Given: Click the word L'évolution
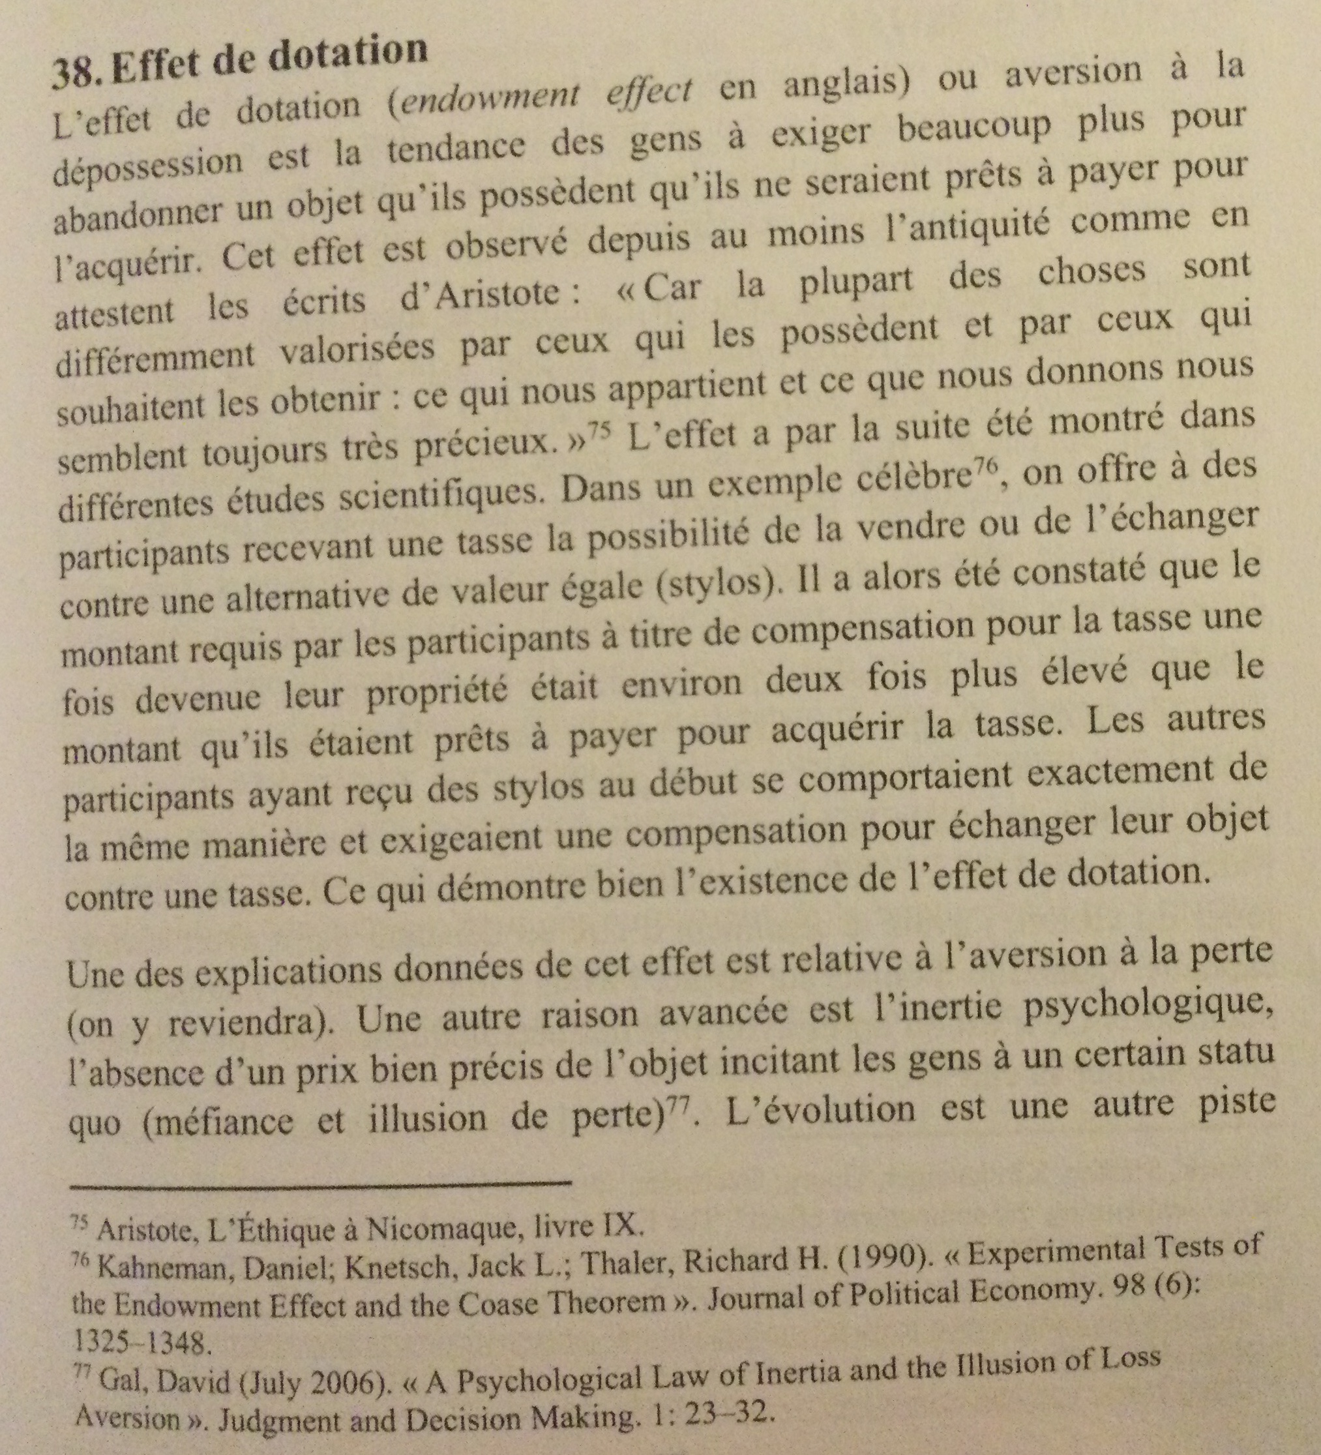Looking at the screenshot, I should point(822,1108).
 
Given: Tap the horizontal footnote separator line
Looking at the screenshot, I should point(321,1182).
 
